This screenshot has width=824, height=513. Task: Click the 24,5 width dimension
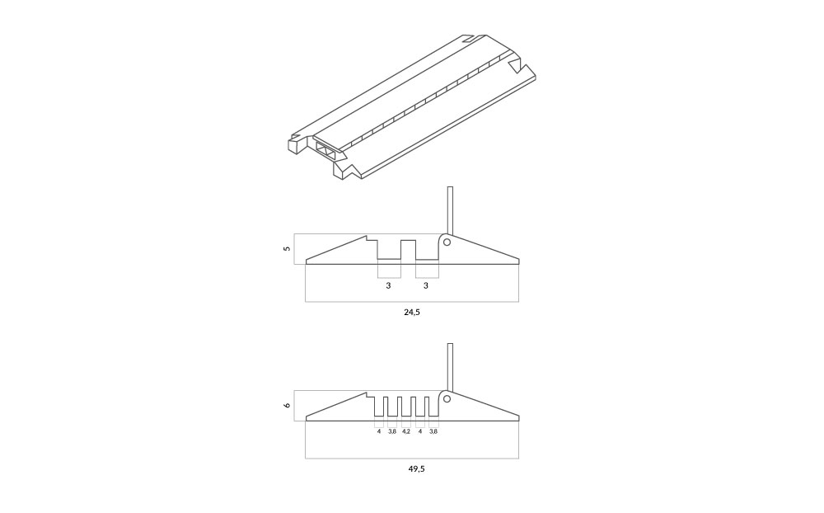tap(412, 312)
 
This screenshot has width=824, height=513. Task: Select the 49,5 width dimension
tap(416, 468)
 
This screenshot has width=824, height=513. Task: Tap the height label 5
tap(287, 248)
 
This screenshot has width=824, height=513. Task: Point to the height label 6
tap(287, 405)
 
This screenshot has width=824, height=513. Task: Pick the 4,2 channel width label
tap(405, 431)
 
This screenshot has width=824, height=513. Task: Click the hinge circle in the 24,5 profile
tap(447, 242)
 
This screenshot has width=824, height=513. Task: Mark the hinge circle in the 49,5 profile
tap(447, 399)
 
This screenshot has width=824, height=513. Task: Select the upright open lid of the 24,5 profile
tap(449, 210)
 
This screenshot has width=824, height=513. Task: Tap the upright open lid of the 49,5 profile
tap(449, 367)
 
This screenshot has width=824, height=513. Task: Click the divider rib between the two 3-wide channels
tap(409, 249)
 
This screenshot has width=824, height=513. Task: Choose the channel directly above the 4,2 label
tap(405, 406)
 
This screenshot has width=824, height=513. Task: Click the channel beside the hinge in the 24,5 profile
tap(427, 249)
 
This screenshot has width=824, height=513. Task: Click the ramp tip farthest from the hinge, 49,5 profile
tap(307, 418)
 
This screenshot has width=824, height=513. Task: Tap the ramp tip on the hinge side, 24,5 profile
tap(518, 261)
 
